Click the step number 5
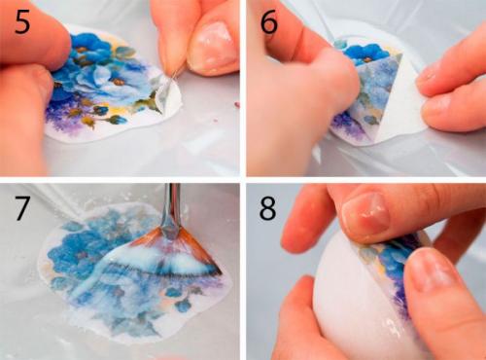pyautogui.click(x=22, y=22)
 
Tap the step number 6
pyautogui.click(x=269, y=22)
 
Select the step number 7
pyautogui.click(x=22, y=208)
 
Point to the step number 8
pyautogui.click(x=267, y=208)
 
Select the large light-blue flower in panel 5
pyautogui.click(x=105, y=80)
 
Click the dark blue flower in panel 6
pyautogui.click(x=366, y=54)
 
